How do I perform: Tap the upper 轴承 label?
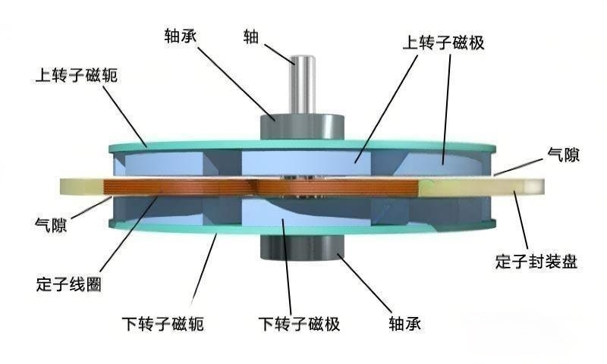183,35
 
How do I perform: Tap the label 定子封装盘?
536,262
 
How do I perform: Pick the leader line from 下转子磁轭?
203,273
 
